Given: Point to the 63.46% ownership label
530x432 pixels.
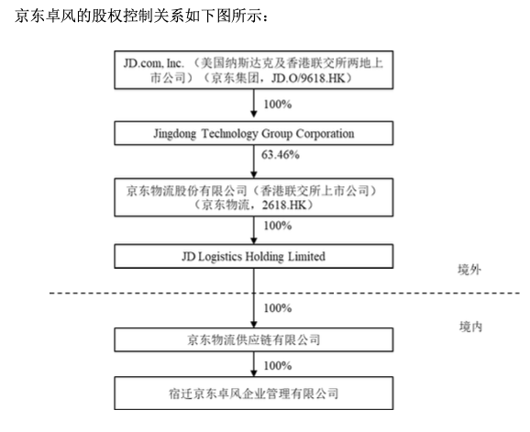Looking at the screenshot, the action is pyautogui.click(x=281, y=155).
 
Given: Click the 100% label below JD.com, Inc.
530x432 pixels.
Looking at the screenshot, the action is pyautogui.click(x=278, y=105).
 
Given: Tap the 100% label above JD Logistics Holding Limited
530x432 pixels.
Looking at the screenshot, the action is pyautogui.click(x=278, y=226).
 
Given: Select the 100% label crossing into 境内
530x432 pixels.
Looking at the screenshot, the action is pyautogui.click(x=278, y=308).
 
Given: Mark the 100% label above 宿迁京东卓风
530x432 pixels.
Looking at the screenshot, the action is pyautogui.click(x=278, y=365).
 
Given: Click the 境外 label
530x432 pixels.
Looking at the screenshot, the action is pyautogui.click(x=469, y=270).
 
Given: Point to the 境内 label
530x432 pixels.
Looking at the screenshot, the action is pyautogui.click(x=470, y=327).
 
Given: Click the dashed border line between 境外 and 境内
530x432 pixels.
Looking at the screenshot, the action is pyautogui.click(x=284, y=293).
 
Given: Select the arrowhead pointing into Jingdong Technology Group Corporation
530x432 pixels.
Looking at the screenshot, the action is pyautogui.click(x=254, y=114).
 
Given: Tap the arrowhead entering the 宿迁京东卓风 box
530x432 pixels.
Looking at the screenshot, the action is pyautogui.click(x=254, y=372).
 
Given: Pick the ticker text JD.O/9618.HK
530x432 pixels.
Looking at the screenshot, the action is pyautogui.click(x=308, y=79).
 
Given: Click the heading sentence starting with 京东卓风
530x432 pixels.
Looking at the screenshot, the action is pyautogui.click(x=141, y=16).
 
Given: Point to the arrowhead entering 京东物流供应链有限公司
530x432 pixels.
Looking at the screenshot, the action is pyautogui.click(x=254, y=324).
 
